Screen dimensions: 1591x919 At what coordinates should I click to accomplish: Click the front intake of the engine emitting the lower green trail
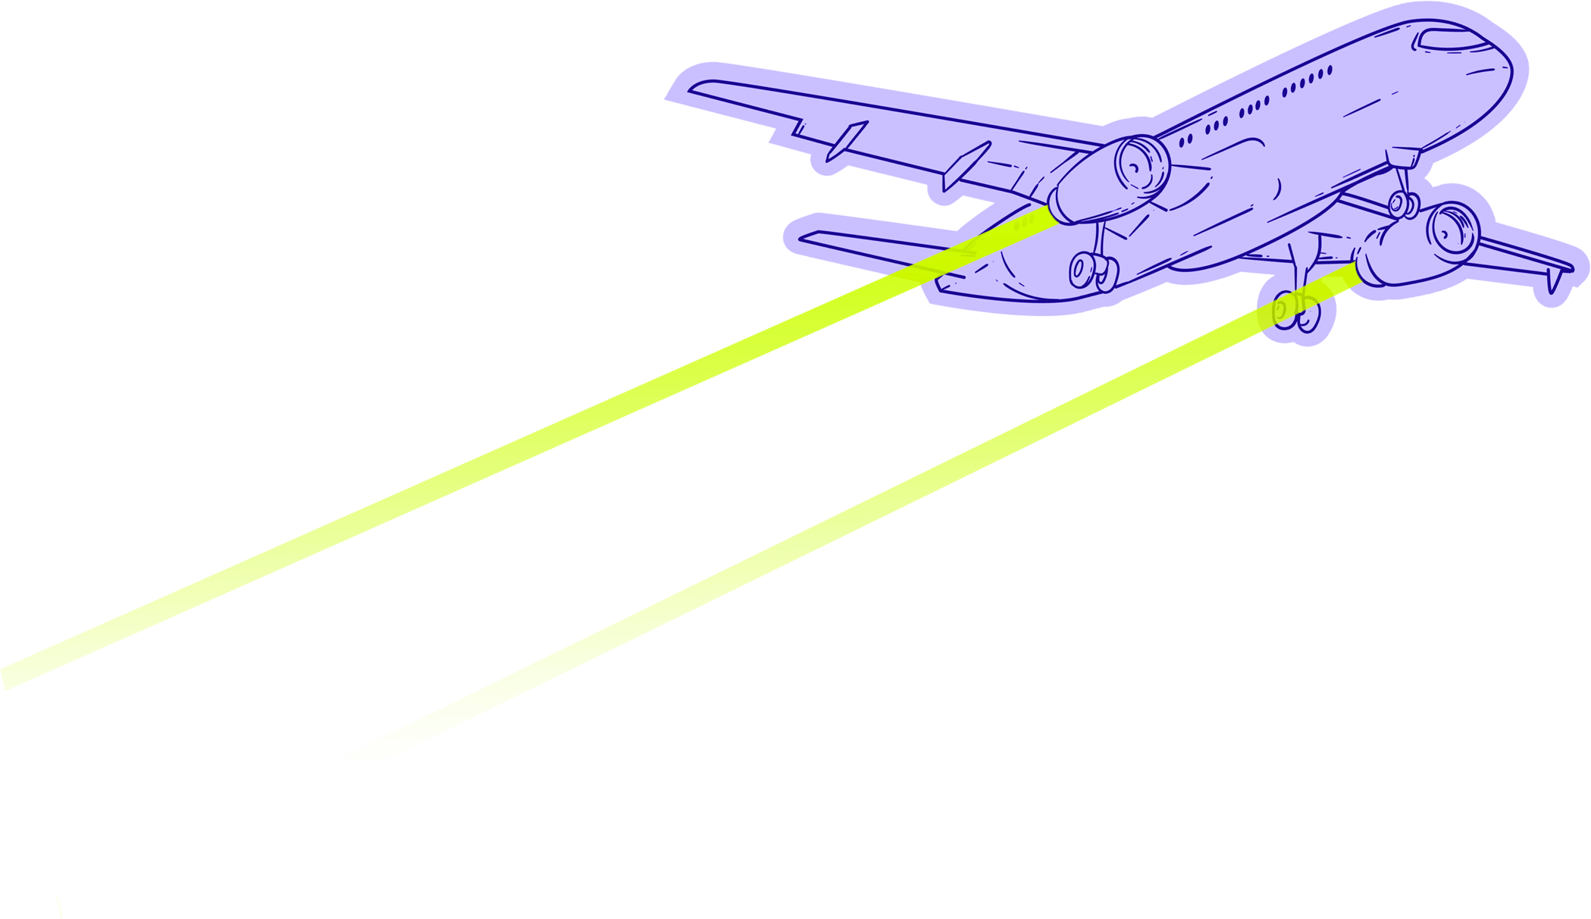1452,227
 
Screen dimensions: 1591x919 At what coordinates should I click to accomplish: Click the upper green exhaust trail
531,447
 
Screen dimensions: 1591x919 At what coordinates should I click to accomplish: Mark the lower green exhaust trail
834,523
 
